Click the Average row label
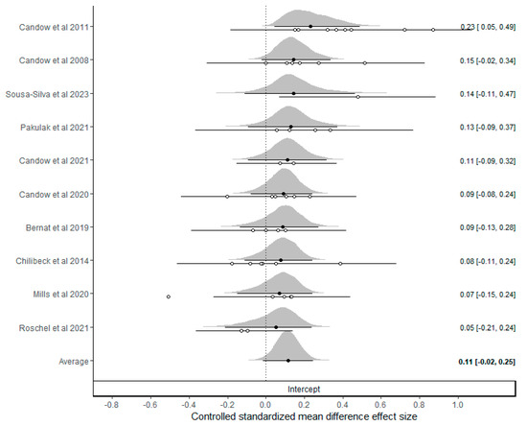point(73,362)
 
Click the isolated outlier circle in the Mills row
point(169,296)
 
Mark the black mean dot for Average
point(287,361)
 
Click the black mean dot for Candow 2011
point(310,26)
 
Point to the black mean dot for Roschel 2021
point(276,327)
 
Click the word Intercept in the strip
point(304,389)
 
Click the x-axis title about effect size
point(304,418)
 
